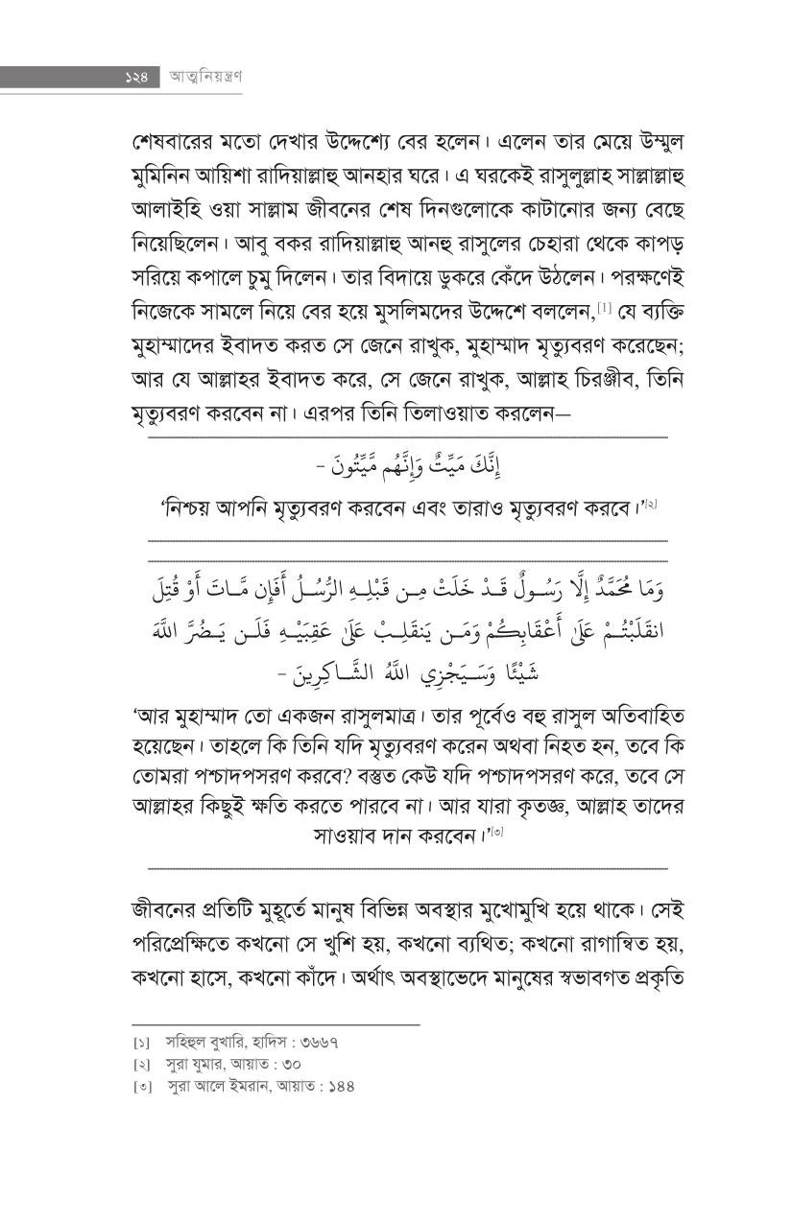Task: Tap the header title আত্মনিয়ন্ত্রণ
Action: [x=204, y=79]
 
